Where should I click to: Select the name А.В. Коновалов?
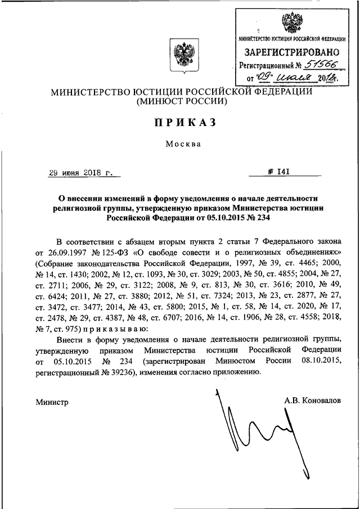click(x=313, y=400)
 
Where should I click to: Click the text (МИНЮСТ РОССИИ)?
click(x=179, y=102)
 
